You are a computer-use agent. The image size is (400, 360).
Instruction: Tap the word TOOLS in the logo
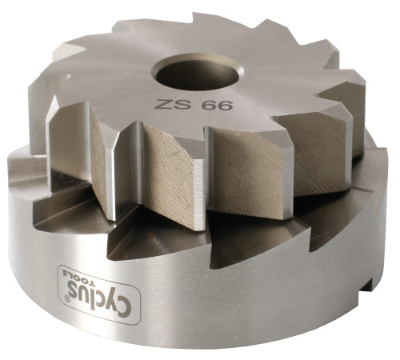78,278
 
